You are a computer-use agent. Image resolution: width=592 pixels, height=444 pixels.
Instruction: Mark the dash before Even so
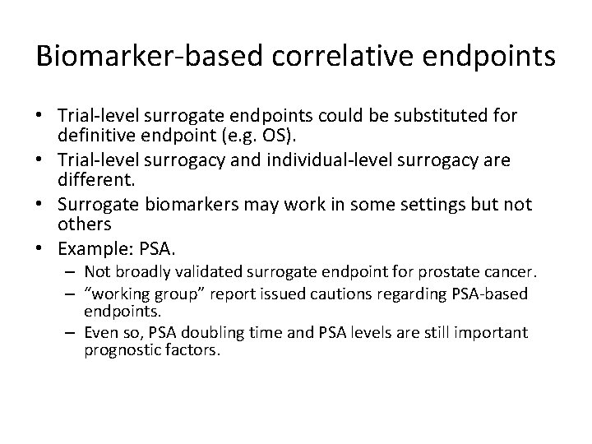70,332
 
